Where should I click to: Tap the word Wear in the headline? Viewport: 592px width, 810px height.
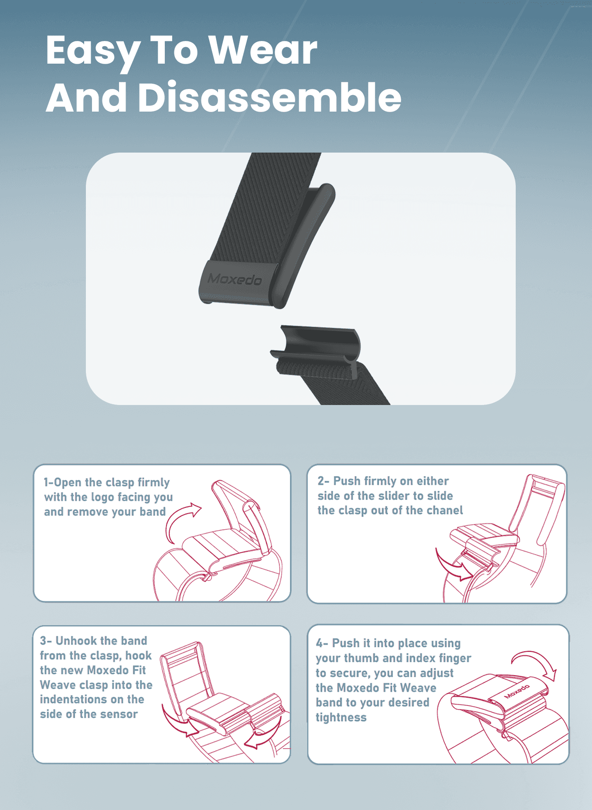[x=263, y=50]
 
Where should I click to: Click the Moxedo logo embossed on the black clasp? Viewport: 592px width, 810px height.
[x=235, y=279]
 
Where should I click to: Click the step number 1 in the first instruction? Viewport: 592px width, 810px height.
[x=46, y=482]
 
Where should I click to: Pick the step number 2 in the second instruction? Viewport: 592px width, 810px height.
[x=321, y=481]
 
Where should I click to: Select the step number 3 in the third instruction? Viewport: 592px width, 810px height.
[x=43, y=640]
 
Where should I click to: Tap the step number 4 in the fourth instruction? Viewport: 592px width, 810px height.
[x=319, y=643]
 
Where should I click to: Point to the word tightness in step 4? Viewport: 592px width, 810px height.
[x=341, y=718]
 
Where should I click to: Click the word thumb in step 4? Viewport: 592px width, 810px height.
[x=363, y=658]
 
